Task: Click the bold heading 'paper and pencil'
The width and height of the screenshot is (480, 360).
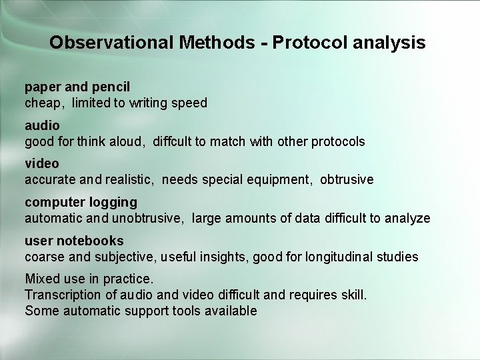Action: tap(77, 87)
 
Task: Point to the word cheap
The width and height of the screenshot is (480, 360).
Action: tap(43, 103)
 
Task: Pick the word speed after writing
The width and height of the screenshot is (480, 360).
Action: tap(191, 103)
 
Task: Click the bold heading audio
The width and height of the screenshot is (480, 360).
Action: tap(42, 125)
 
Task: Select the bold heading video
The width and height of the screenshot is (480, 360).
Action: tap(42, 163)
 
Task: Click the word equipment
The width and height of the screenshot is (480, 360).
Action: tap(283, 179)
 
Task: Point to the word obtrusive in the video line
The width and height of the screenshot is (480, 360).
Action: tap(347, 179)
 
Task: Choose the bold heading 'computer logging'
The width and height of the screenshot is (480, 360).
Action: tap(81, 201)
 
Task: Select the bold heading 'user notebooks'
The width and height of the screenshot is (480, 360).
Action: tap(74, 240)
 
